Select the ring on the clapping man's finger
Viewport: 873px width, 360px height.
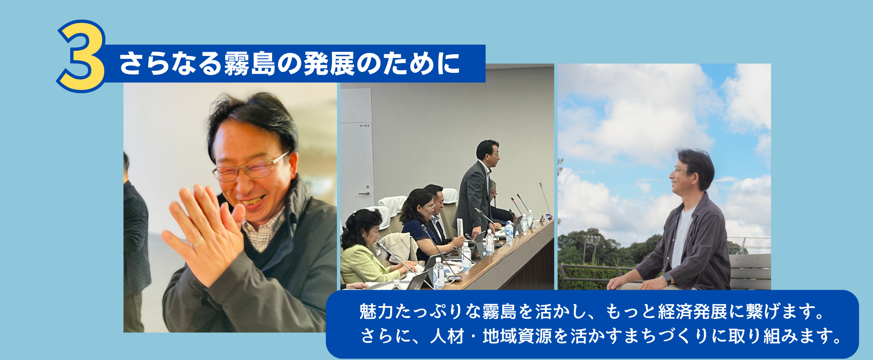(x=197, y=242)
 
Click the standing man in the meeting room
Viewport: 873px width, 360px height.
(x=477, y=191)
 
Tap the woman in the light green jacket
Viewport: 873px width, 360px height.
(x=361, y=252)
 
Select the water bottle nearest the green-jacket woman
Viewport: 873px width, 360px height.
(x=438, y=273)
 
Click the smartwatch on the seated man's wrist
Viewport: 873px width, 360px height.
(x=667, y=278)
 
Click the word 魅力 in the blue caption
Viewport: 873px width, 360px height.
(x=376, y=311)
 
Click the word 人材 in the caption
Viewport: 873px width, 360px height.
(x=447, y=336)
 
